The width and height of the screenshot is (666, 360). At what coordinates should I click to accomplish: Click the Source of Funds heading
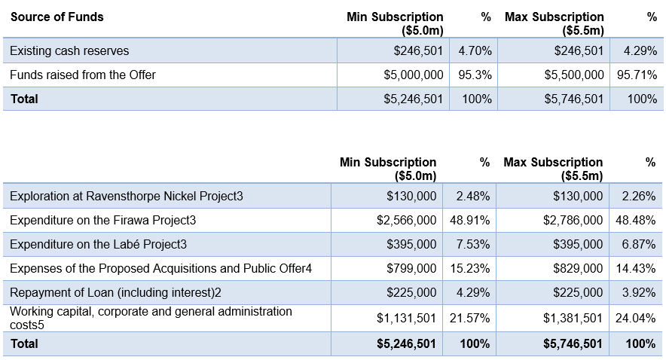pyautogui.click(x=57, y=17)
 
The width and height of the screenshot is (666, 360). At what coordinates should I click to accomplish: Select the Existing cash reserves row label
pyautogui.click(x=69, y=51)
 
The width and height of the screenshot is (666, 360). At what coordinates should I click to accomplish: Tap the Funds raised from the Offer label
pyautogui.click(x=83, y=75)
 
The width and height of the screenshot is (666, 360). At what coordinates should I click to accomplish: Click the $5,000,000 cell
pyautogui.click(x=414, y=75)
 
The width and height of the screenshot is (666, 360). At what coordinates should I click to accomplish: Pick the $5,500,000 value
pyautogui.click(x=574, y=75)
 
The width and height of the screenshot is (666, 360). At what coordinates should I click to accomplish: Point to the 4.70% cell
pyautogui.click(x=475, y=51)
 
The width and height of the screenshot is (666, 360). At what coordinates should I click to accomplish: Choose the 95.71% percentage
pyautogui.click(x=637, y=75)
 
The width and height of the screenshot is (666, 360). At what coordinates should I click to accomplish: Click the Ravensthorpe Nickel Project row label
pyautogui.click(x=127, y=196)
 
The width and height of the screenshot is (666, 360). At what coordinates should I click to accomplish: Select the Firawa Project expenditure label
pyautogui.click(x=102, y=221)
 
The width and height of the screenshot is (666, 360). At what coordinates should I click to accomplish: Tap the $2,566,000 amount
pyautogui.click(x=407, y=221)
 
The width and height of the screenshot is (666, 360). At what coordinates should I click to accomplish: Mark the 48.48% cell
pyautogui.click(x=635, y=221)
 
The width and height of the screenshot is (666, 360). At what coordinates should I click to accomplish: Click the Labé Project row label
pyautogui.click(x=98, y=245)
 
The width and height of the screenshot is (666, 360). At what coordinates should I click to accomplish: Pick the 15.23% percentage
pyautogui.click(x=470, y=269)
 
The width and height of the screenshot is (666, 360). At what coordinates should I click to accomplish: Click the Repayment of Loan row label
pyautogui.click(x=115, y=293)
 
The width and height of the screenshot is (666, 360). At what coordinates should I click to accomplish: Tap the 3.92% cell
pyautogui.click(x=639, y=293)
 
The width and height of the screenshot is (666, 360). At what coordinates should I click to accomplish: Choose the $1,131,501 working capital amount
pyautogui.click(x=407, y=318)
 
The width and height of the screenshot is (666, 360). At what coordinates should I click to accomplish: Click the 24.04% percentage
pyautogui.click(x=635, y=318)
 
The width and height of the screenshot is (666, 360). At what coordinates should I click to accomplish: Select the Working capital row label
pyautogui.click(x=151, y=318)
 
